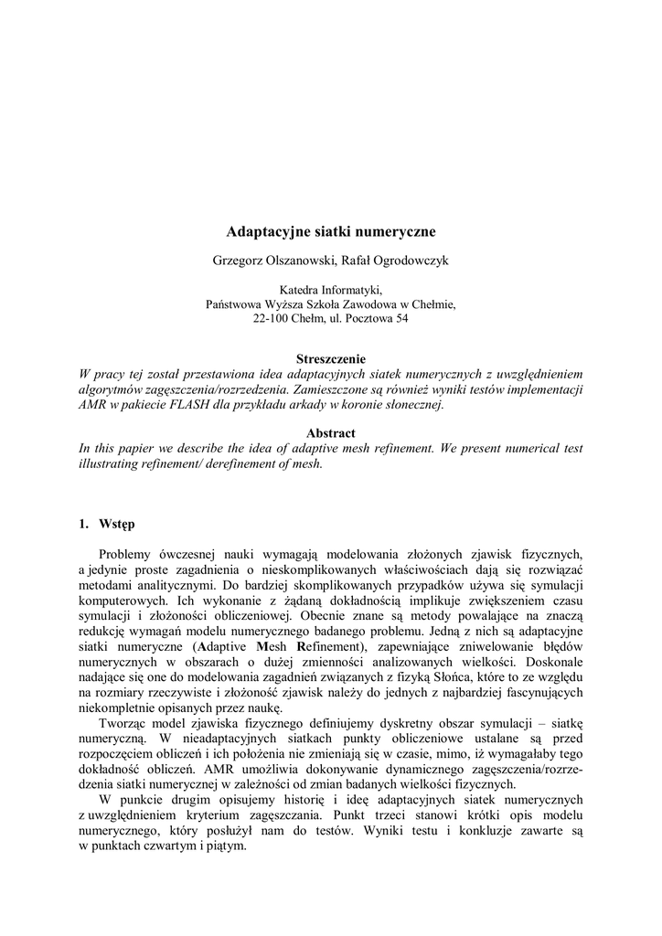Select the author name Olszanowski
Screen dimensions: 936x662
click(301, 261)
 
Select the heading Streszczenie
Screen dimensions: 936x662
click(331, 359)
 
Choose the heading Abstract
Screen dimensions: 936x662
click(331, 432)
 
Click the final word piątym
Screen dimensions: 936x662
click(227, 846)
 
